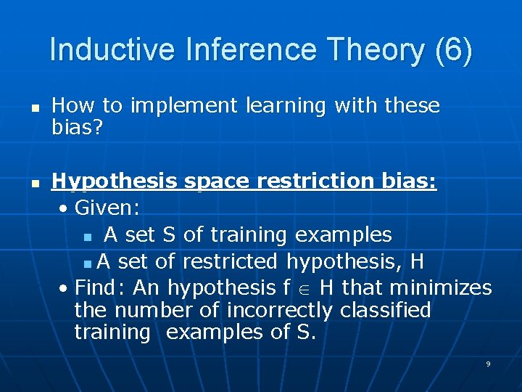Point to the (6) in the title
click(x=453, y=50)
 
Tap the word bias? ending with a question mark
click(x=80, y=128)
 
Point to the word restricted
click(x=231, y=261)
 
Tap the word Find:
click(x=101, y=287)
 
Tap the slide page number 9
click(x=488, y=364)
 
